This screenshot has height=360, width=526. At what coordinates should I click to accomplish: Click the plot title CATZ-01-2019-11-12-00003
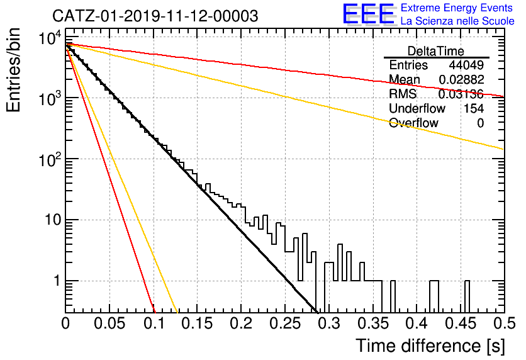pyautogui.click(x=155, y=16)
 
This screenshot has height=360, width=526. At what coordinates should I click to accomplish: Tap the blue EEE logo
pyautogui.click(x=369, y=14)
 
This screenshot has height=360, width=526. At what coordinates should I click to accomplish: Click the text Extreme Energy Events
pyautogui.click(x=457, y=8)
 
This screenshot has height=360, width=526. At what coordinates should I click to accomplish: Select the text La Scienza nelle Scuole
pyautogui.click(x=457, y=21)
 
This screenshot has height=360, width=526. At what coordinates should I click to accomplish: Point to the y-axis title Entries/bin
pyautogui.click(x=13, y=70)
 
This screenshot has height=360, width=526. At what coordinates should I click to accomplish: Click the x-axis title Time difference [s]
pyautogui.click(x=430, y=346)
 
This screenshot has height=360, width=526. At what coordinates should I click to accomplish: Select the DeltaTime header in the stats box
pyautogui.click(x=436, y=51)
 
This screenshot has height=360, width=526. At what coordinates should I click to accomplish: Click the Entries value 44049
pyautogui.click(x=466, y=65)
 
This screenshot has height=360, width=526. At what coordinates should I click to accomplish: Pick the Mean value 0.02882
pyautogui.click(x=461, y=79)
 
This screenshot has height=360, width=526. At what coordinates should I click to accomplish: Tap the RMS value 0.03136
pyautogui.click(x=461, y=94)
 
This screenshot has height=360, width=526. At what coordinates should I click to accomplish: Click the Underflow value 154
pyautogui.click(x=474, y=108)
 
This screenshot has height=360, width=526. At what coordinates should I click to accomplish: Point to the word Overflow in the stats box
pyautogui.click(x=413, y=123)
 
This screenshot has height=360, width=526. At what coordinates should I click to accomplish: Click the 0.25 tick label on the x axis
pyautogui.click(x=285, y=323)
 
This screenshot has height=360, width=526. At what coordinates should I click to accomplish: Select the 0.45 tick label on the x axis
pyautogui.click(x=461, y=323)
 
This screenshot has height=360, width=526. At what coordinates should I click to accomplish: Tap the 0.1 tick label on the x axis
pyautogui.click(x=154, y=323)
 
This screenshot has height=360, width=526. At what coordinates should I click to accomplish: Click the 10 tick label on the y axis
pyautogui.click(x=53, y=220)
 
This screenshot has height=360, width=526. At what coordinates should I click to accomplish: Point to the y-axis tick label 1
pyautogui.click(x=57, y=281)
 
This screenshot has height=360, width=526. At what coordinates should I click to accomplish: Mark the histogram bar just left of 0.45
pyautogui.click(x=467, y=296)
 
